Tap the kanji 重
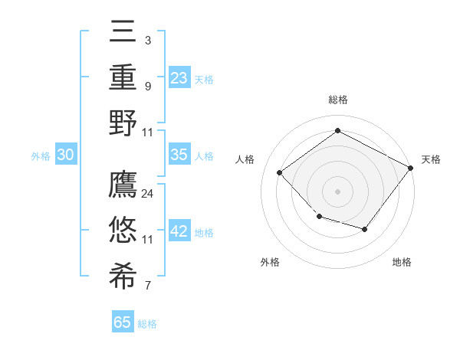123,77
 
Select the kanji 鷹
123,185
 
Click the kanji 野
123,123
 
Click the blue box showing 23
179,77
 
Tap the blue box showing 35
179,155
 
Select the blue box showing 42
179,232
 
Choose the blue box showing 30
65,155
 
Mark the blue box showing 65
123,322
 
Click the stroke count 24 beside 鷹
148,194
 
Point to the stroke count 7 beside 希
148,286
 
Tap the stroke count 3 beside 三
148,39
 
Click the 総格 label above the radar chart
338,100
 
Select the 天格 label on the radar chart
431,159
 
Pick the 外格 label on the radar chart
270,262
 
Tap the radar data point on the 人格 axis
280,172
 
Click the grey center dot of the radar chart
338,191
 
